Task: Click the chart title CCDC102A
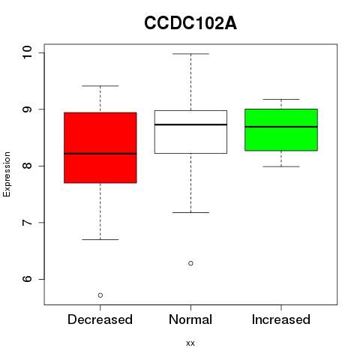pos(190,23)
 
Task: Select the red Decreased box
pos(100,148)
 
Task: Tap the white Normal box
pos(190,132)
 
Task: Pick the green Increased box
pos(281,130)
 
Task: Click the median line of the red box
pos(100,154)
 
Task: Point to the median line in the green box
pos(281,127)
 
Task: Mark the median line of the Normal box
pos(190,124)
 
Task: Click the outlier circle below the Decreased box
pos(100,295)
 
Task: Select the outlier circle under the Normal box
pos(190,263)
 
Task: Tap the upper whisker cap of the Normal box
pos(190,54)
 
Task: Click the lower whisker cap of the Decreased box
pos(100,239)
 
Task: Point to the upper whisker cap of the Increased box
pos(281,99)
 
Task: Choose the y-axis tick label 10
pos(27,52)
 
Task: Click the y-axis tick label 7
pos(27,223)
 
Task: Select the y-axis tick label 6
pos(27,279)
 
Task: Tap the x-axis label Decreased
pos(100,319)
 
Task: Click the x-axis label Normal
pos(190,319)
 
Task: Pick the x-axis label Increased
pos(281,319)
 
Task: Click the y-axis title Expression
pos(7,174)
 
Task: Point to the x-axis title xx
pos(190,343)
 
